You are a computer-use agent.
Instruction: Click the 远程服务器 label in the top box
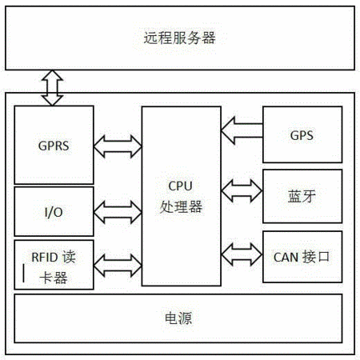179,38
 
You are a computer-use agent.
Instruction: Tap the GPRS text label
54,146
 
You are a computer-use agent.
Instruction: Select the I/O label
54,212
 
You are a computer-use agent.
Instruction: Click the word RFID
45,258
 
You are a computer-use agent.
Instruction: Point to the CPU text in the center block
180,186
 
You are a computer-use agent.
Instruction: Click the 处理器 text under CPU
181,206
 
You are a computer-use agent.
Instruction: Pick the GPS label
302,135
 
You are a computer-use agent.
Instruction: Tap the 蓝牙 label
302,196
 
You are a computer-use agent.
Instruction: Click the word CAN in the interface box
286,258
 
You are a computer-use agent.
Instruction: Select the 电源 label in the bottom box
178,318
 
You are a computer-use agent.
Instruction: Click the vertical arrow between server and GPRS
52,88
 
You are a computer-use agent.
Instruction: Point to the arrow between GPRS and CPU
118,146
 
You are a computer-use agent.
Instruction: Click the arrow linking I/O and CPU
118,212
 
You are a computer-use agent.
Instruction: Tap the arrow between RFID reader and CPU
118,266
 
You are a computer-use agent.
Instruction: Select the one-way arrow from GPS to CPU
242,130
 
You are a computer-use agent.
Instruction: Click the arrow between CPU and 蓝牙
242,190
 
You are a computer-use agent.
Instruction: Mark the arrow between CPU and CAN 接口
242,254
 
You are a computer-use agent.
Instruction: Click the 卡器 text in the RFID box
54,278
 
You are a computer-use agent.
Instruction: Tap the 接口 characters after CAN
316,257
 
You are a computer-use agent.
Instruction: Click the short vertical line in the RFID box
24,274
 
